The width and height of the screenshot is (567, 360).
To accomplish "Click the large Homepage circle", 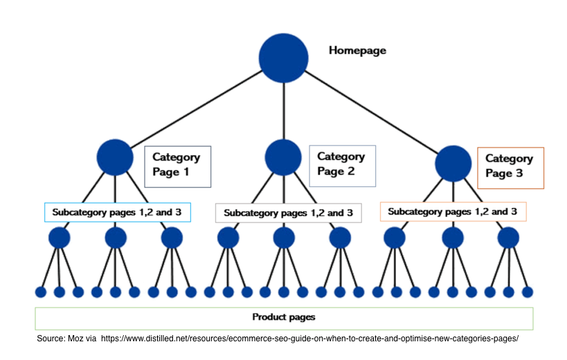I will (x=283, y=58).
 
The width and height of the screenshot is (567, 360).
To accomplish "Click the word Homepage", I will (x=357, y=51).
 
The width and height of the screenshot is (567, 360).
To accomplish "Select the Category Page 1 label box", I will (x=177, y=166).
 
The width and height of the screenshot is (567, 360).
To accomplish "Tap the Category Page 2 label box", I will (x=341, y=165).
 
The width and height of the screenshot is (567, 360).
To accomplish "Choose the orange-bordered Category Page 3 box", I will (x=510, y=168).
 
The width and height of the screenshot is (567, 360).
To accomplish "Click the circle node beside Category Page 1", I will (x=115, y=157).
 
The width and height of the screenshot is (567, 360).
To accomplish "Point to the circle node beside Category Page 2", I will (x=283, y=157).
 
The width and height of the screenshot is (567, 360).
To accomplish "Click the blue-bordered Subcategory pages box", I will (x=118, y=212).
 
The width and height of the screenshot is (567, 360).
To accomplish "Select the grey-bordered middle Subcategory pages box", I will (x=288, y=213).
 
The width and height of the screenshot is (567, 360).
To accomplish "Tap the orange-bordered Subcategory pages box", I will (x=453, y=211).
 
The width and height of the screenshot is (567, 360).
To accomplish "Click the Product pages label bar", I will (x=284, y=318).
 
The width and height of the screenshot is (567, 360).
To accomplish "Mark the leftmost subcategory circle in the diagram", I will (x=60, y=238).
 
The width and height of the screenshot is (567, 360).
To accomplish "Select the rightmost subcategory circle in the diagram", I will (x=508, y=238).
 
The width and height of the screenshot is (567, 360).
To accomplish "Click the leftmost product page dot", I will (x=40, y=292).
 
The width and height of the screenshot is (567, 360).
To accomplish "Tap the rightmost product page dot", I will (x=528, y=292).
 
